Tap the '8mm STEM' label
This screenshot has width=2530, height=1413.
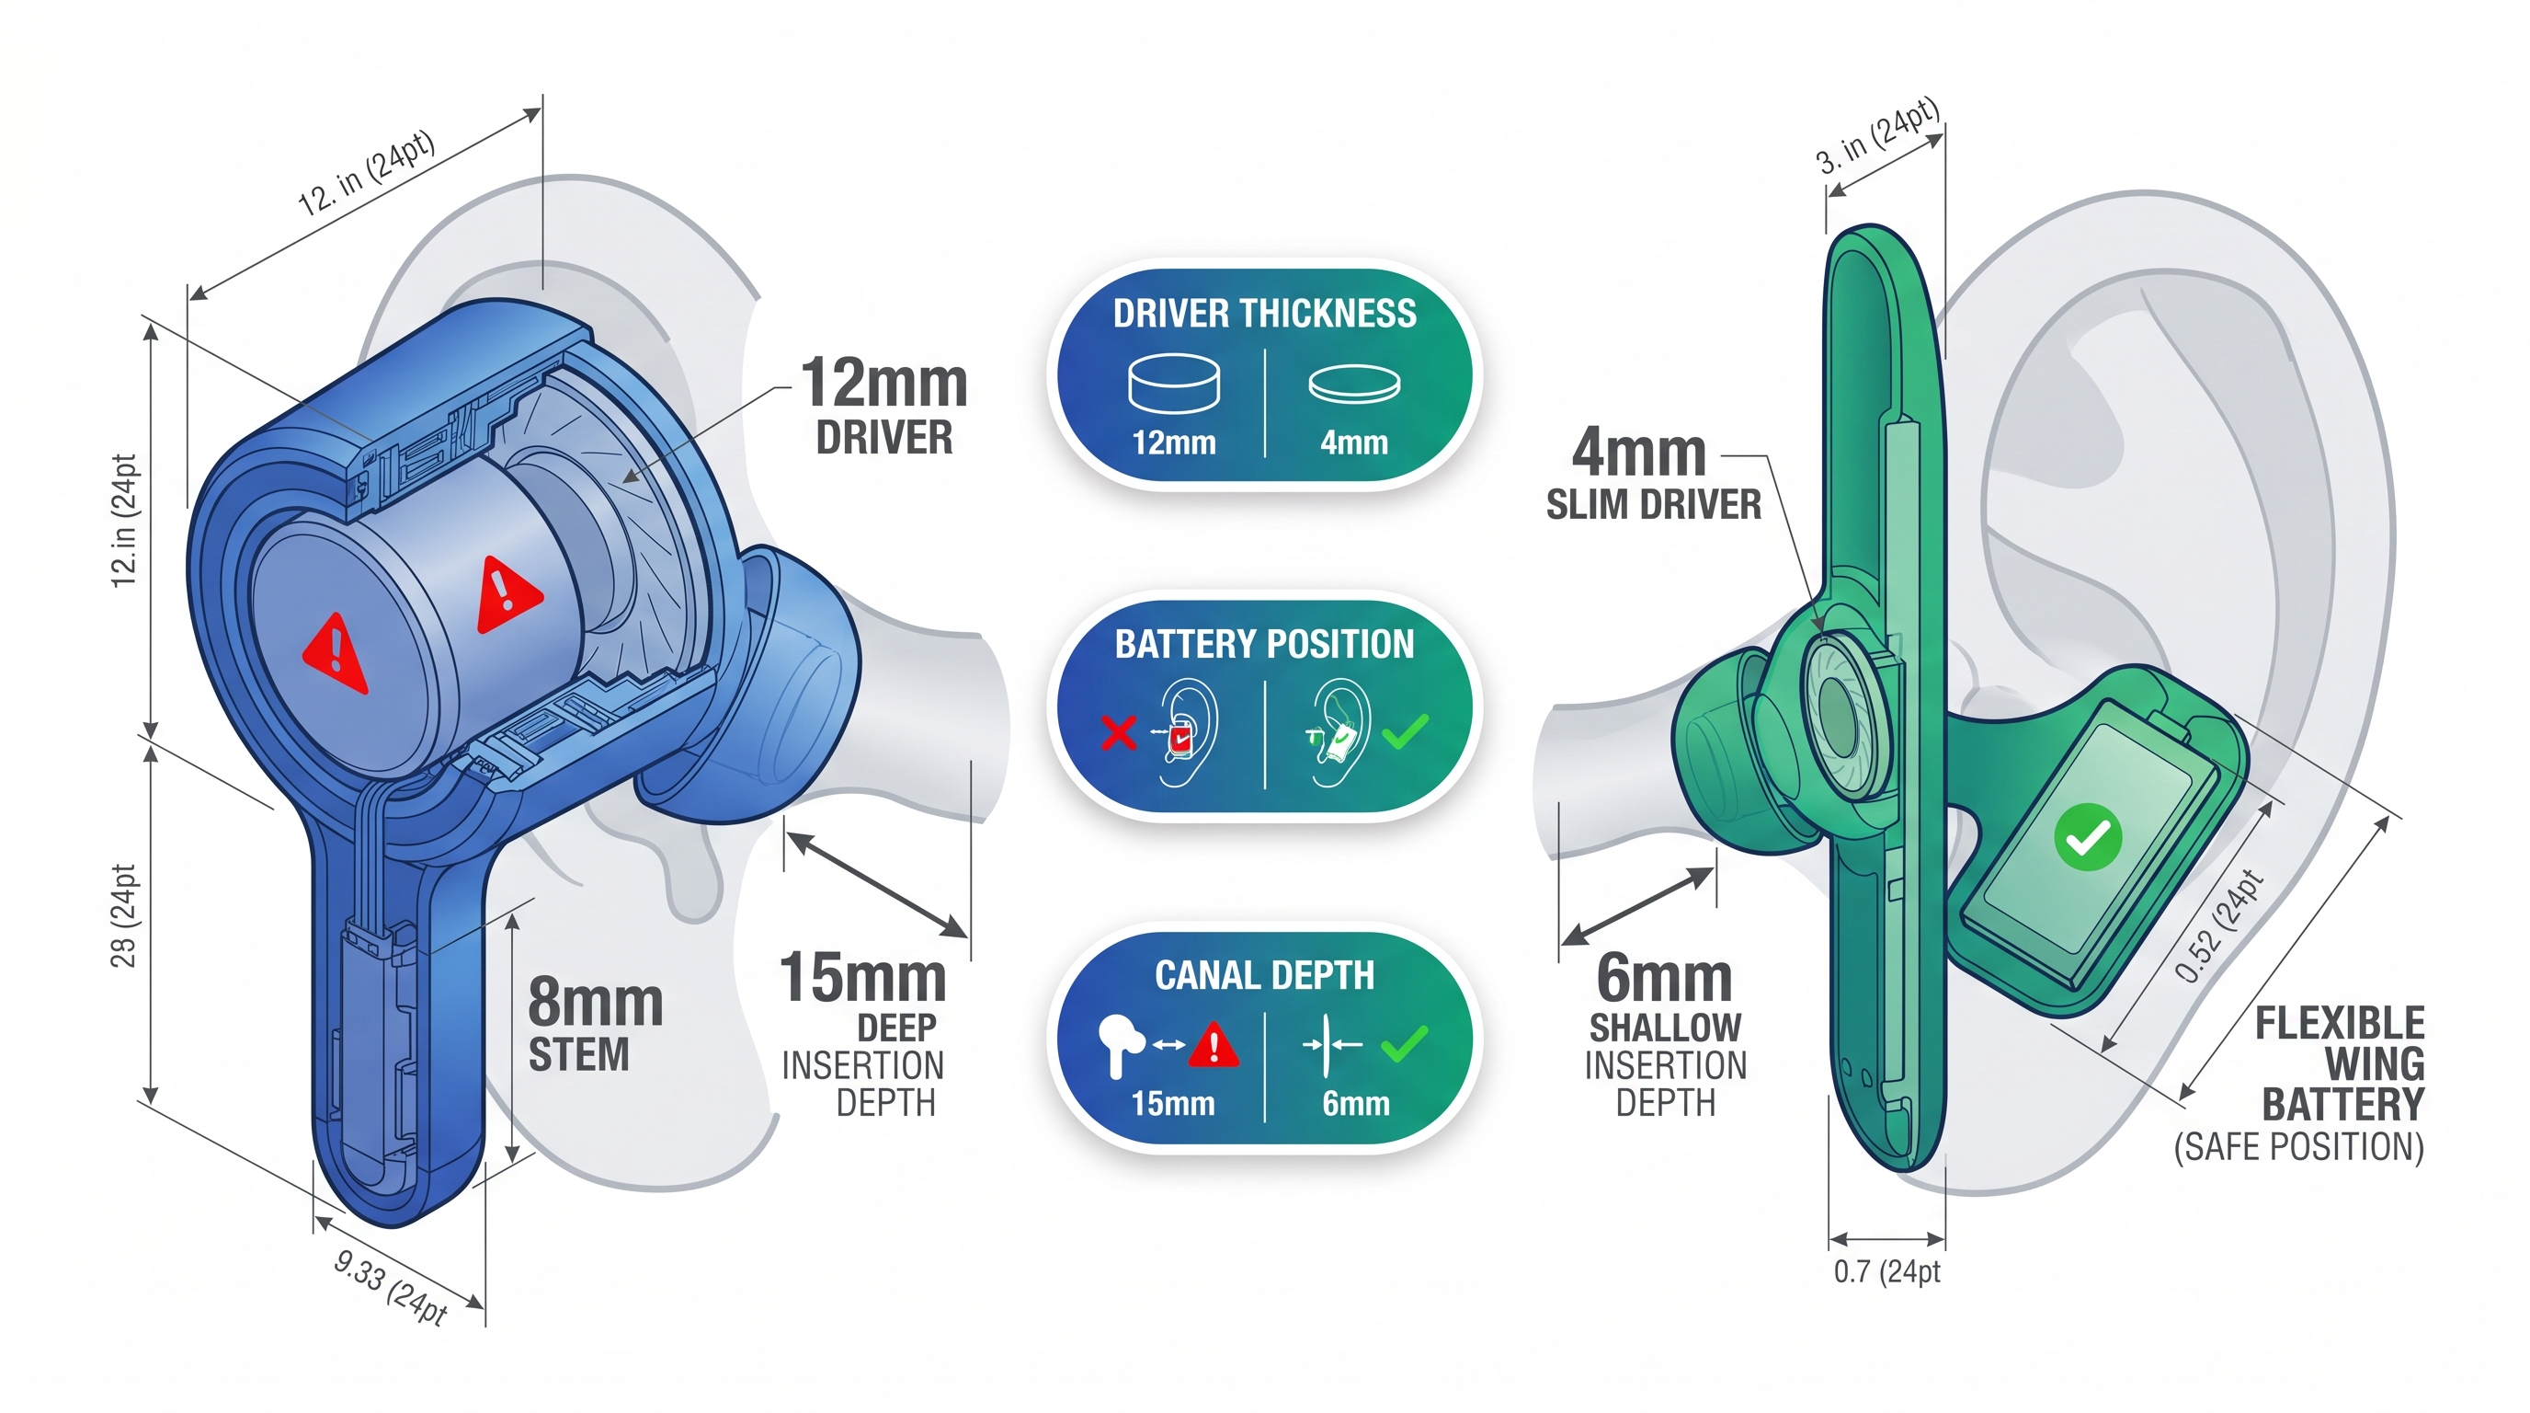coord(594,1026)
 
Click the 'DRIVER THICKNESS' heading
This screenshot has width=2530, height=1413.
coord(1264,314)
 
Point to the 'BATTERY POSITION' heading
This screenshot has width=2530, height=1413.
coord(1264,645)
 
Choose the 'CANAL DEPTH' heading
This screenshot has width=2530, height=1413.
coord(1264,976)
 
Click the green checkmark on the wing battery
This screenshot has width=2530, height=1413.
coord(2087,837)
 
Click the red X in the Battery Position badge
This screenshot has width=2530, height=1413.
coord(1118,732)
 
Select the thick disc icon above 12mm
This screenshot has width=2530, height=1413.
coord(1174,384)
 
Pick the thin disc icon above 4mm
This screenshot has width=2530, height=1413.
coord(1353,385)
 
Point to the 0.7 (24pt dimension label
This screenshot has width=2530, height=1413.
coord(1886,1271)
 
